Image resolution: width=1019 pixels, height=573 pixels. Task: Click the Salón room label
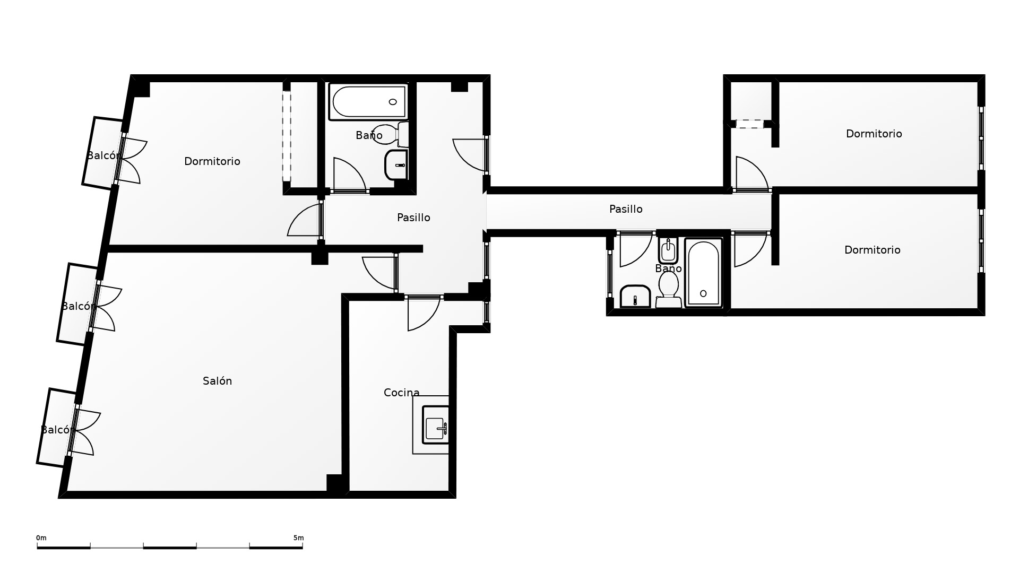click(217, 381)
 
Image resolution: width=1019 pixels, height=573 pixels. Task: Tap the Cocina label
click(401, 393)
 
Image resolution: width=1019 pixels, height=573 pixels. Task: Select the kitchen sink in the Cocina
click(435, 424)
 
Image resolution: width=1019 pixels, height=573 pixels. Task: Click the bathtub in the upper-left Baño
click(368, 101)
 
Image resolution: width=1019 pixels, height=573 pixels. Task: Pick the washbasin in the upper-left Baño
click(396, 164)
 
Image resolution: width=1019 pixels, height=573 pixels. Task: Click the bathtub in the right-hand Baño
click(703, 273)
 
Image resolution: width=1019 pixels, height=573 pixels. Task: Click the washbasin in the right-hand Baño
click(635, 296)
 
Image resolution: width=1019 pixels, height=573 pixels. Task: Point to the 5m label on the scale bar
click(298, 538)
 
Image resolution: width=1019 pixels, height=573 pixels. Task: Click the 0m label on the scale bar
click(41, 538)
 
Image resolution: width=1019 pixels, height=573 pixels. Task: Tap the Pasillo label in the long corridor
click(626, 209)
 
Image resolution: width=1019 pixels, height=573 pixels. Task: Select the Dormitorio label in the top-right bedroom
click(874, 134)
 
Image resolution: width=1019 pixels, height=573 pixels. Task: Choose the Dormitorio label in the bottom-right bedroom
click(872, 250)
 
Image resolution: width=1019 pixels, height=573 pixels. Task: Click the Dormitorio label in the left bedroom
click(212, 161)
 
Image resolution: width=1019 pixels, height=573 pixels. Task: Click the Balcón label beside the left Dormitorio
click(103, 155)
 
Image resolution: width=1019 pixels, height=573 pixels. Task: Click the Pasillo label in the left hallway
click(413, 218)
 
